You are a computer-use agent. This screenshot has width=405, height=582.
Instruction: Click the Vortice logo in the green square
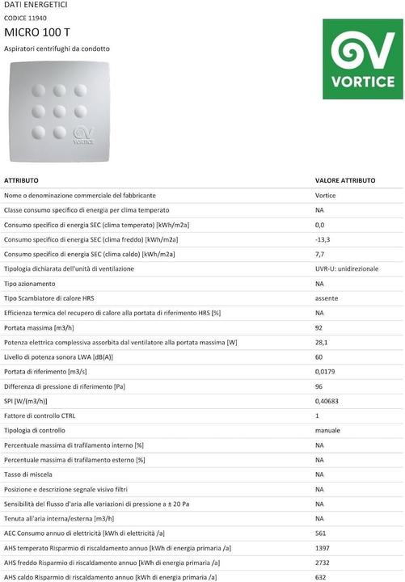362,58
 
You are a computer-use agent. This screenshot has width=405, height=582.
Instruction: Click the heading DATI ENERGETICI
36,6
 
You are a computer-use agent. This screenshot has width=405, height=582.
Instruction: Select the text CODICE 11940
27,17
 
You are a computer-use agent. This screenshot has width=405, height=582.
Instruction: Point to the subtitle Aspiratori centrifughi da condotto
57,48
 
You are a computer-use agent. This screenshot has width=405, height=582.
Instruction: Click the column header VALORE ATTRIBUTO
344,180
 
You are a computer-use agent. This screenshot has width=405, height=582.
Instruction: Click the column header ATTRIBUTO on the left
27,180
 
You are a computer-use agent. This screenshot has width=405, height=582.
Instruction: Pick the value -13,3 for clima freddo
323,239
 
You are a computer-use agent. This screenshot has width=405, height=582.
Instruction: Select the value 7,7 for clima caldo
319,254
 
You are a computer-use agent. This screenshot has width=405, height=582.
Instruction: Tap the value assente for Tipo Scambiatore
327,297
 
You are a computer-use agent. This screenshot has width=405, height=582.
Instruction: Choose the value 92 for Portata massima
319,327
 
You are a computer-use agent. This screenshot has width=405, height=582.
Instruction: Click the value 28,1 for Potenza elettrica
321,342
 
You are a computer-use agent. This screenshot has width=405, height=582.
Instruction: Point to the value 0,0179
326,371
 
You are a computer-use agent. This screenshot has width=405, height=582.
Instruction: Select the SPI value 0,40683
327,401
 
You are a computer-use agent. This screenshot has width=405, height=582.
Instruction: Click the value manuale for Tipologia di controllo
327,430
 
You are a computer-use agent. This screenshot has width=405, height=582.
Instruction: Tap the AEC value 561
320,533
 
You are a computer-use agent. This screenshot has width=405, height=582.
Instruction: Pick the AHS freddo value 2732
323,563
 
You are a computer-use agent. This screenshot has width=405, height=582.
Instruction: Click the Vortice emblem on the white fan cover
84,135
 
